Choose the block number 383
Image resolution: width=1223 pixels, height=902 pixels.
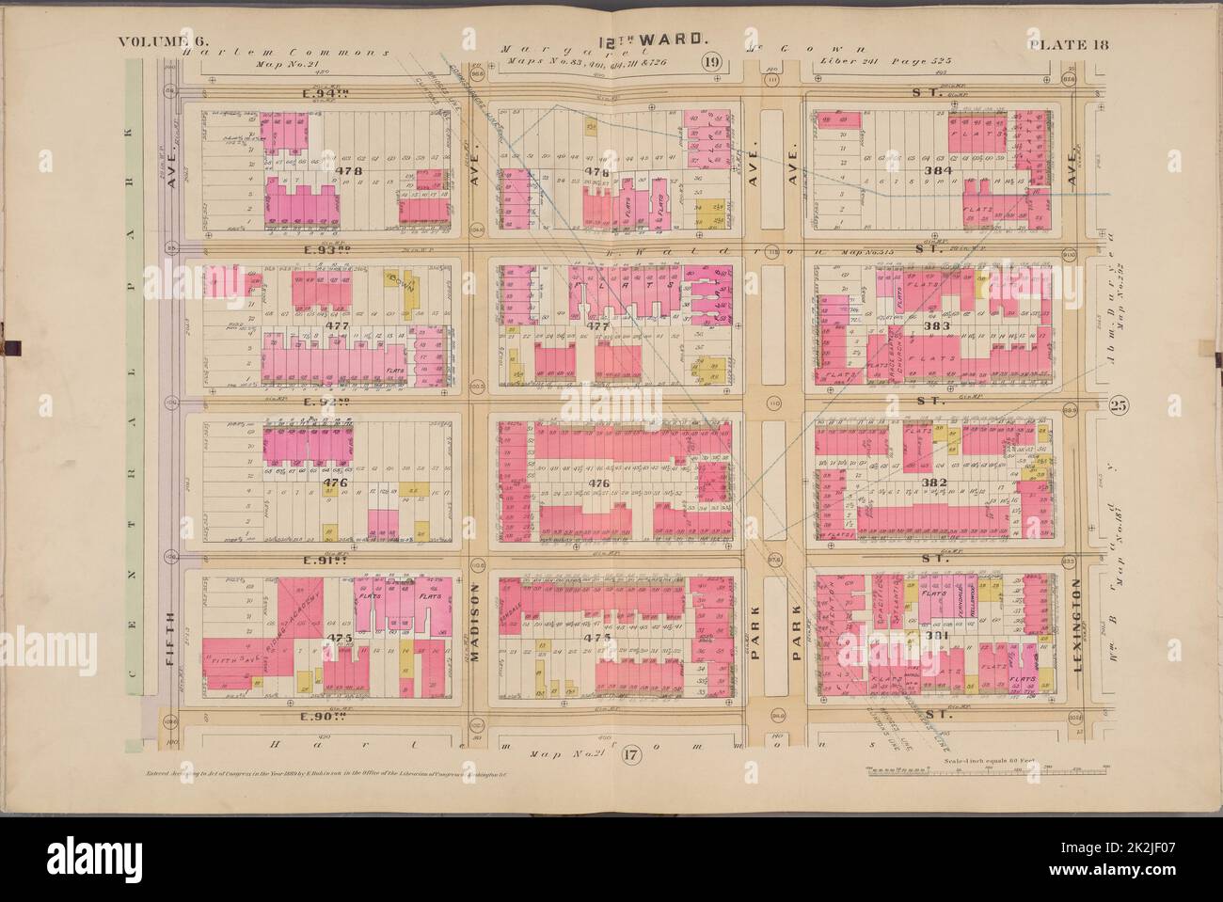pos(938,326)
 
